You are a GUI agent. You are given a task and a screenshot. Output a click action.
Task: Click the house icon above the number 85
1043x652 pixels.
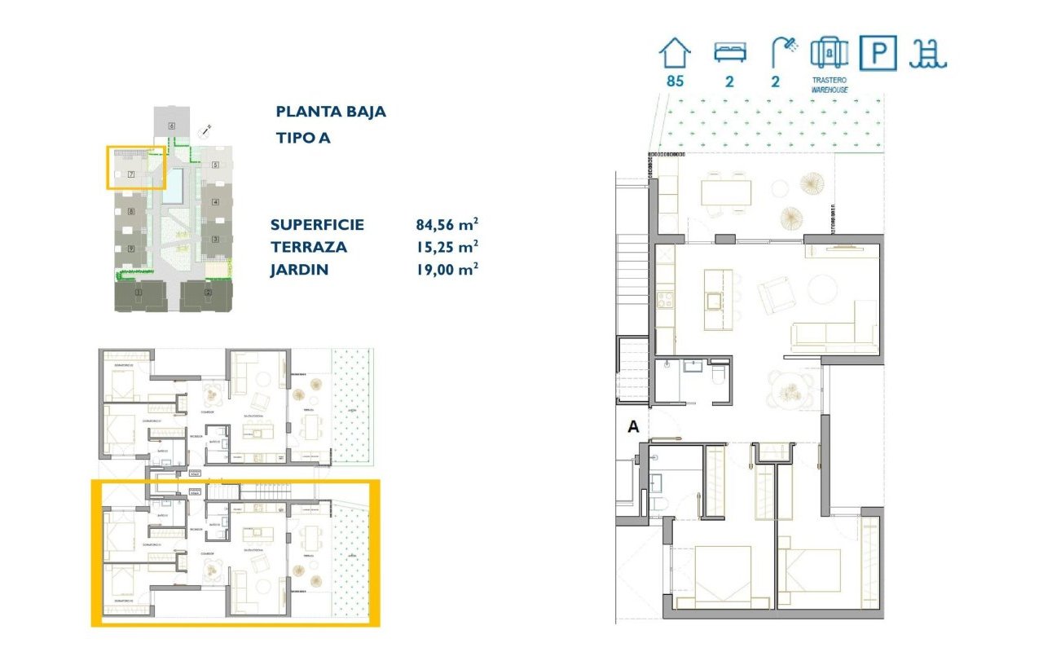tap(675, 54)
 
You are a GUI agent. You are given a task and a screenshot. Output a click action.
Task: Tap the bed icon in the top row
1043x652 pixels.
tap(729, 53)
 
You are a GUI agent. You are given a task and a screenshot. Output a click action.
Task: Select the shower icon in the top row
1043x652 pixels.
tap(784, 53)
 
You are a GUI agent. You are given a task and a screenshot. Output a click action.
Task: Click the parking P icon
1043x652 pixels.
tap(878, 54)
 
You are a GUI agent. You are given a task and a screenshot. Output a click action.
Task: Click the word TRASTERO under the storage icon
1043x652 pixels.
tap(830, 81)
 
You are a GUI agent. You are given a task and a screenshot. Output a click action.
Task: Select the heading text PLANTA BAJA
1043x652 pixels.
tap(331, 112)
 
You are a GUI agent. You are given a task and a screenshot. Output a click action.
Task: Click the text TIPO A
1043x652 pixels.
tap(303, 138)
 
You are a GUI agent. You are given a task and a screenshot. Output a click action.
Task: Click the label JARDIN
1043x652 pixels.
tap(300, 269)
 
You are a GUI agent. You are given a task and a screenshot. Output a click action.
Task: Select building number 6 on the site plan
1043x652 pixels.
tap(172, 126)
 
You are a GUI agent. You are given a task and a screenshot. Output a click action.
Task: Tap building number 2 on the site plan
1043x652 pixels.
tap(209, 293)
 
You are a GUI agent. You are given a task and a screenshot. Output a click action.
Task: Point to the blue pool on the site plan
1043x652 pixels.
tap(174, 187)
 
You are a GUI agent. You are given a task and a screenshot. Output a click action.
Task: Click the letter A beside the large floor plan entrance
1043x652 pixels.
tap(633, 425)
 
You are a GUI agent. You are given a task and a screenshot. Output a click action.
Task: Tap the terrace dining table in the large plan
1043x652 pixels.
tap(727, 192)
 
